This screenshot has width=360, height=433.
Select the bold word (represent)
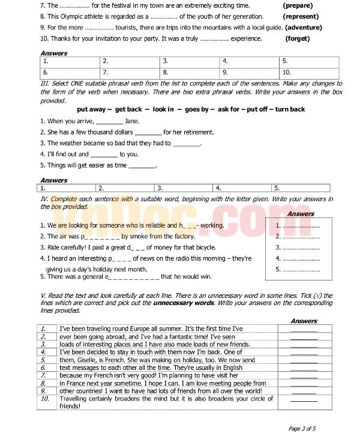pyautogui.click(x=301, y=17)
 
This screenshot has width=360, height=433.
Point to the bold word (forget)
pyautogui.click(x=298, y=38)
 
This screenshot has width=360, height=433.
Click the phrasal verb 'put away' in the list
pyautogui.click(x=110, y=109)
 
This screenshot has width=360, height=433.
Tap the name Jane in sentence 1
pyautogui.click(x=132, y=121)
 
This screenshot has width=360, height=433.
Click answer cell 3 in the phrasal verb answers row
pyautogui.click(x=184, y=187)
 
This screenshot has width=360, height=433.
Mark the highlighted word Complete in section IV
pyautogui.click(x=64, y=199)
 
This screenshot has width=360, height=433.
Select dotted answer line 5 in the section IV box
pyautogui.click(x=298, y=269)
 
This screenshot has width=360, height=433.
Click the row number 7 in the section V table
pyautogui.click(x=44, y=375)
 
